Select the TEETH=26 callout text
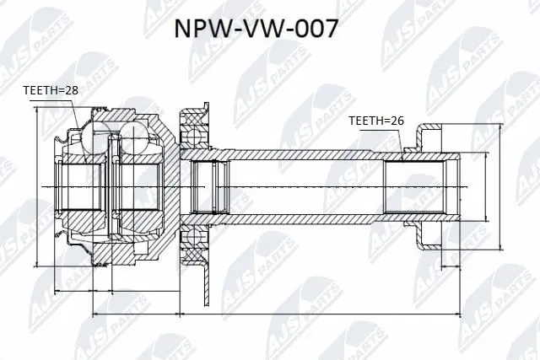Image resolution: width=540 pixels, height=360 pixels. (x=376, y=121)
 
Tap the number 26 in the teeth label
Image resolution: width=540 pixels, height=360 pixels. (x=398, y=121)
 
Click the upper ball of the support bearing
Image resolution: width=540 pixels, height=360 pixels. (x=195, y=135)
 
